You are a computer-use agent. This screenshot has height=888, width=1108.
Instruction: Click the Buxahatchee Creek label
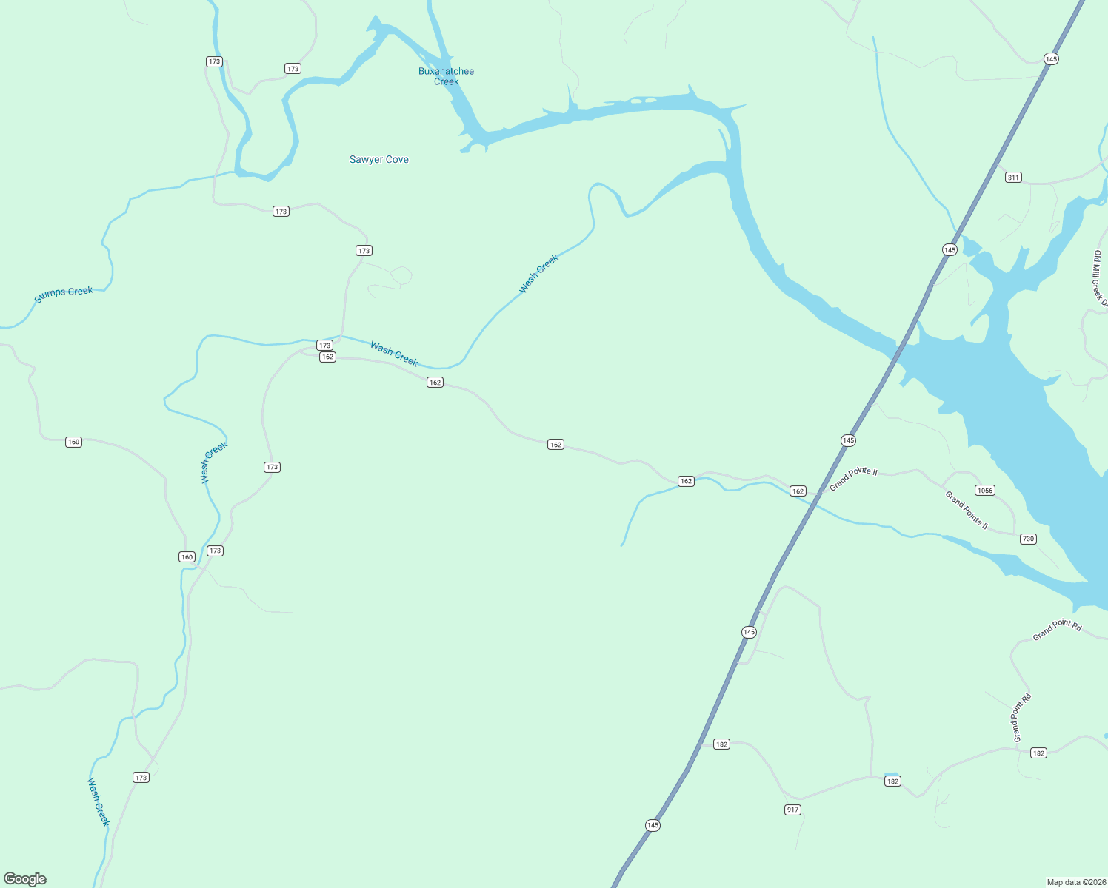pyautogui.click(x=446, y=76)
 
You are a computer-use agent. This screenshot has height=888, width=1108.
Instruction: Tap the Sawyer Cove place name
pyautogui.click(x=378, y=159)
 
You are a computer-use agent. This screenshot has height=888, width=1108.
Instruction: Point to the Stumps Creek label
pyautogui.click(x=64, y=294)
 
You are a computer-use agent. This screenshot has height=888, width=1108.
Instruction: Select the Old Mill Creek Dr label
pyautogui.click(x=1099, y=278)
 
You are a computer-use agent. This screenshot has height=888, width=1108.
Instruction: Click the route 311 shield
pyautogui.click(x=1013, y=177)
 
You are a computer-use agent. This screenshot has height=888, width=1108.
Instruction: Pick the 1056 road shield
pyautogui.click(x=984, y=491)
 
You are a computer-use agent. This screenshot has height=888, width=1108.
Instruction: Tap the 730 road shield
pyautogui.click(x=1028, y=539)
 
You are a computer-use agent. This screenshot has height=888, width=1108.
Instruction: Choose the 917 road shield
pyautogui.click(x=792, y=810)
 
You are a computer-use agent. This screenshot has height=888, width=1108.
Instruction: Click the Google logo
pyautogui.click(x=25, y=879)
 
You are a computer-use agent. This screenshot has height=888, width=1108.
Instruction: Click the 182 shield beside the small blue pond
pyautogui.click(x=892, y=781)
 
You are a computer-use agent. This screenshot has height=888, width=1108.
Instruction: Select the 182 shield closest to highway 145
pyautogui.click(x=721, y=744)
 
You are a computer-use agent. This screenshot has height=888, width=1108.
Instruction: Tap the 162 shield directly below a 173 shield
pyautogui.click(x=327, y=357)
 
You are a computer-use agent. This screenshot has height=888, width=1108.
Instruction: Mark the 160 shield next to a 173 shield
pyautogui.click(x=187, y=556)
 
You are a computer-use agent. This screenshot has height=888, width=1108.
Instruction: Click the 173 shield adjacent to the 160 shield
pyautogui.click(x=215, y=551)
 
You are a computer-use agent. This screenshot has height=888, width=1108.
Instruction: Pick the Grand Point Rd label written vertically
pyautogui.click(x=1021, y=718)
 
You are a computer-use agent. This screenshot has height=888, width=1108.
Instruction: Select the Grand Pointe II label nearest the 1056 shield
pyautogui.click(x=967, y=510)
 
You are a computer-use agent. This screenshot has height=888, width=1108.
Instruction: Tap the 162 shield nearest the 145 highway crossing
pyautogui.click(x=798, y=491)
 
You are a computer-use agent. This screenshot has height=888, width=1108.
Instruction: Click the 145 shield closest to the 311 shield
pyautogui.click(x=950, y=249)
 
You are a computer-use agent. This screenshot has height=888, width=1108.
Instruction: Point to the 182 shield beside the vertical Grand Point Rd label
pyautogui.click(x=1038, y=753)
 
